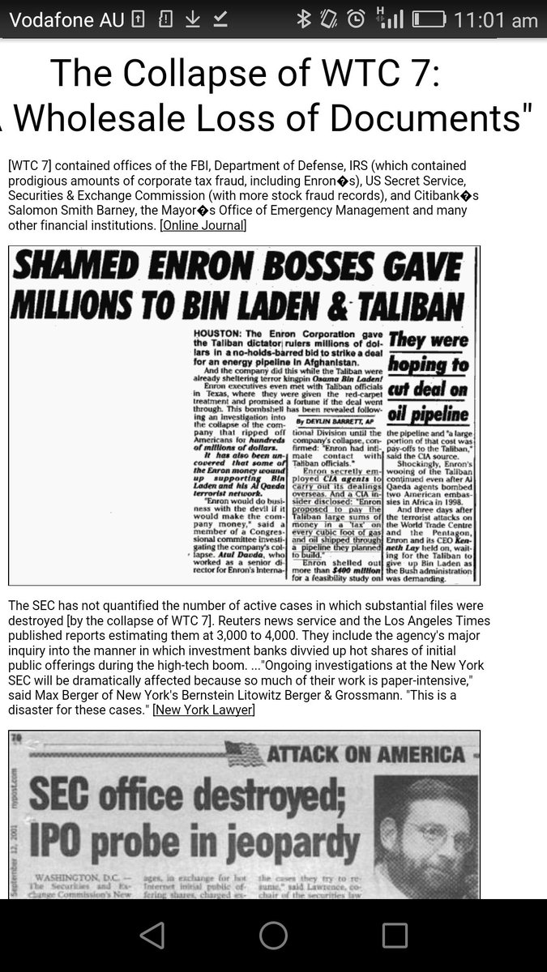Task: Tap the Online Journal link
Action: click(203, 225)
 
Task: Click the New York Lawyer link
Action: click(203, 710)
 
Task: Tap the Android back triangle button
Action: click(152, 935)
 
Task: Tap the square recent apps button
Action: click(395, 935)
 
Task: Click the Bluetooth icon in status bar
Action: click(304, 19)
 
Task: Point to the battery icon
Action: click(427, 19)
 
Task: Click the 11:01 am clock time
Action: click(495, 20)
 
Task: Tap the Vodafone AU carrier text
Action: click(66, 20)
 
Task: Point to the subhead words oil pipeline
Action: click(428, 415)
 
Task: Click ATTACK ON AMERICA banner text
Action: click(366, 755)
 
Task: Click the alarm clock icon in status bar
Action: click(355, 19)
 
